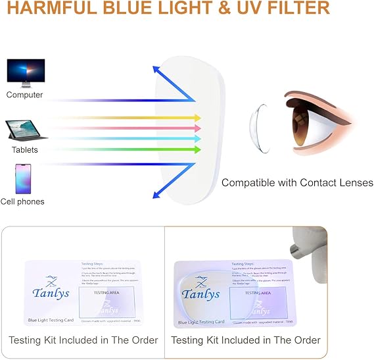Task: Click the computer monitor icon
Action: pyautogui.click(x=26, y=72)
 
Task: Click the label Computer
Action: pyautogui.click(x=24, y=95)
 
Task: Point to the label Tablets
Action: pyautogui.click(x=25, y=150)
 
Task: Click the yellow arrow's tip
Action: pyautogui.click(x=199, y=118)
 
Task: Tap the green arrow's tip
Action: pyautogui.click(x=199, y=149)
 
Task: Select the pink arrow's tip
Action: pyautogui.click(x=199, y=128)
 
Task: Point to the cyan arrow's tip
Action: pyautogui.click(x=199, y=139)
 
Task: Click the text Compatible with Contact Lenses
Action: pyautogui.click(x=297, y=182)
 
